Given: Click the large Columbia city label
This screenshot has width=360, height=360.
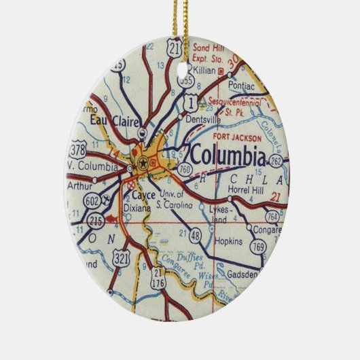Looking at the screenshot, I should point(228,156).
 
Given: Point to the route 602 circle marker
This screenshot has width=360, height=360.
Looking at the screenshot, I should point(92,200).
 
